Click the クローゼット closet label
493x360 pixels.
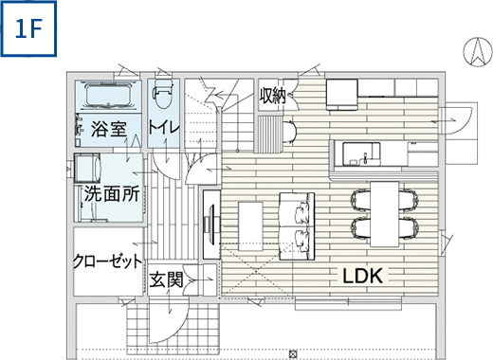pos(107,261)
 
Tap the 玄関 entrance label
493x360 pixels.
pos(165,280)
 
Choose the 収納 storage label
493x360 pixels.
pos(275,95)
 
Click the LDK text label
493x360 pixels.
pos(361,276)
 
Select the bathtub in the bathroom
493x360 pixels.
pos(110,97)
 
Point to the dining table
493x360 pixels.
pos(385,213)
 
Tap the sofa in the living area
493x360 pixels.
pos(298,223)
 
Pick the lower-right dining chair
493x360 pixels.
pos(409,227)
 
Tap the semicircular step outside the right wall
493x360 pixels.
pos(462,117)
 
